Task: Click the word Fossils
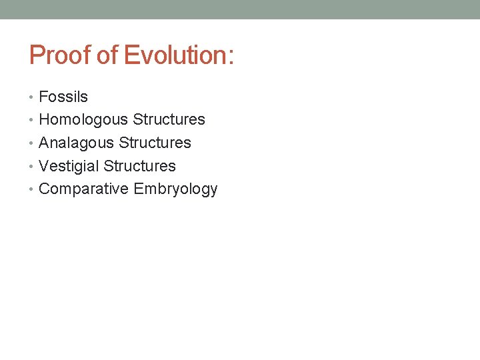click(x=63, y=97)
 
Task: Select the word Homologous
click(x=84, y=120)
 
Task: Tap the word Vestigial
click(x=69, y=166)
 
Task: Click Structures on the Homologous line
click(x=169, y=120)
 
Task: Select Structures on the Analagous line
click(x=155, y=143)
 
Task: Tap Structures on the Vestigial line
click(x=140, y=166)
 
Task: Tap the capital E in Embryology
click(x=139, y=189)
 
